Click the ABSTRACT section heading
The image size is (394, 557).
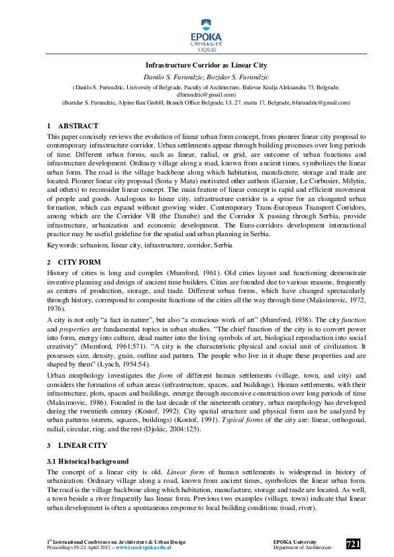pos(78,126)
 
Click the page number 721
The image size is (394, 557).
pos(353,544)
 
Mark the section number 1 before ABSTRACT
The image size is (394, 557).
pos(48,126)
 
